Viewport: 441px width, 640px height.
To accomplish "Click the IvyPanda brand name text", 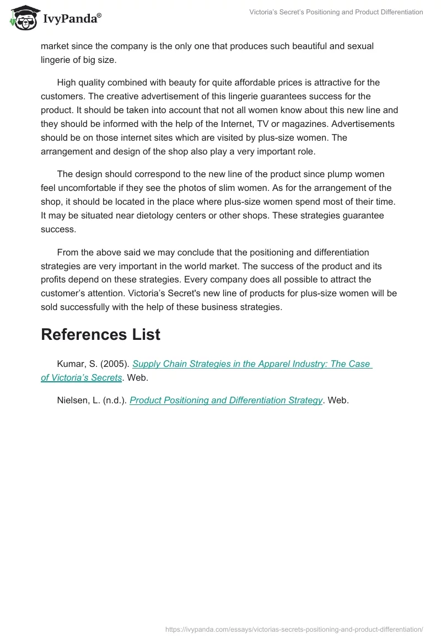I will tap(72, 19).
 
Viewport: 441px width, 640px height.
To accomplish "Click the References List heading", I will tap(100, 334).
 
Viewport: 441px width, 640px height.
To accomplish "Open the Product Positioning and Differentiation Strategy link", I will tap(225, 401).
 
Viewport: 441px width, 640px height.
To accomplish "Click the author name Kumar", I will tap(70, 364).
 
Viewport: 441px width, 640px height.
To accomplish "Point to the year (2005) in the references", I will tap(115, 364).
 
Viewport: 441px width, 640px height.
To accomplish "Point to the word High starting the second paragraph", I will tap(67, 83).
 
